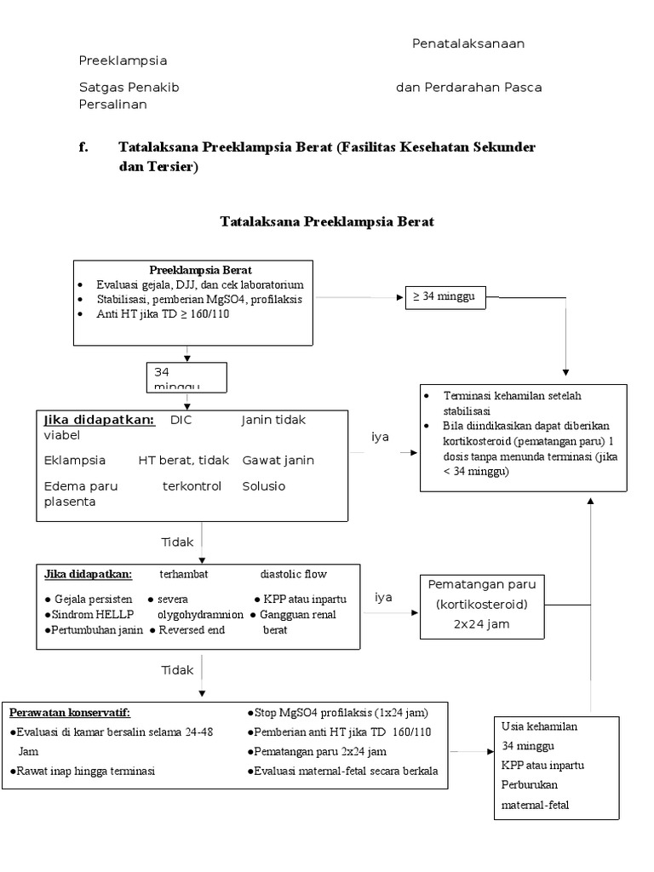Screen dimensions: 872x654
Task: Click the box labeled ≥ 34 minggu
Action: pyautogui.click(x=448, y=297)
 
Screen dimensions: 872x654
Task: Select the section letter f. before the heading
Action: pyautogui.click(x=83, y=147)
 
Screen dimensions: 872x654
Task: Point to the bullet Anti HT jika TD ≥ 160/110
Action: pyautogui.click(x=163, y=313)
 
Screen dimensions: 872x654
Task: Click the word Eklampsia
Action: pyautogui.click(x=75, y=460)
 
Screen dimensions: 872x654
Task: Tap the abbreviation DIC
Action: pyautogui.click(x=181, y=420)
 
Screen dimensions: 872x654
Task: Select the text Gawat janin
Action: pyautogui.click(x=278, y=460)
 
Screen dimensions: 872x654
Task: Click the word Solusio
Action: pyautogui.click(x=263, y=486)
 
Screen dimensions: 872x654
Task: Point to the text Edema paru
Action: pyautogui.click(x=81, y=486)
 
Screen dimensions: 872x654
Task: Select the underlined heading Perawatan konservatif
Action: pyautogui.click(x=70, y=712)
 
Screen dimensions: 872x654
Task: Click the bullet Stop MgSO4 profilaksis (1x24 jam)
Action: pyautogui.click(x=336, y=712)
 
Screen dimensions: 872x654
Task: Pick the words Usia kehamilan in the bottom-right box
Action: pyautogui.click(x=539, y=726)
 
